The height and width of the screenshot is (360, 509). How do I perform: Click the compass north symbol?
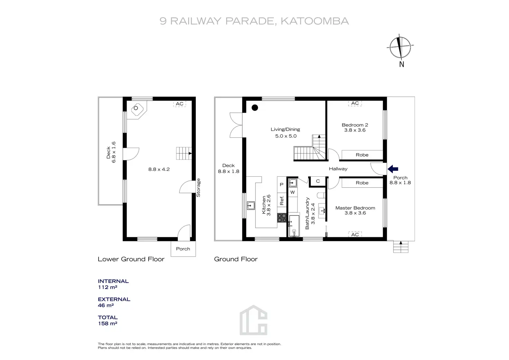pyautogui.click(x=400, y=47)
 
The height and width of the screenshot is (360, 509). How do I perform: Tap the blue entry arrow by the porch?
pyautogui.click(x=393, y=169)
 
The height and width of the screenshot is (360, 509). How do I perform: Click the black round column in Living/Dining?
pyautogui.click(x=255, y=108)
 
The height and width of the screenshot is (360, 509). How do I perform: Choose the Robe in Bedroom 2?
pyautogui.click(x=362, y=155)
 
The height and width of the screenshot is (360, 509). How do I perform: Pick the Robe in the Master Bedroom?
pyautogui.click(x=362, y=183)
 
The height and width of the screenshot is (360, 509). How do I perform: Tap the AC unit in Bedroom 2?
pyautogui.click(x=355, y=103)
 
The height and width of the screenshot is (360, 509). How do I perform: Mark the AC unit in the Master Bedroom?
pyautogui.click(x=355, y=234)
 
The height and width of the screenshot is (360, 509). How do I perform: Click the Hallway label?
pyautogui.click(x=338, y=169)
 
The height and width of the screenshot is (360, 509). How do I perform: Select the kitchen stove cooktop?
pyautogui.click(x=282, y=218)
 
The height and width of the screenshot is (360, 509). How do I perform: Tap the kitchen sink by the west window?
pyautogui.click(x=251, y=206)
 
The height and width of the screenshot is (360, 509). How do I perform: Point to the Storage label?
pyautogui.click(x=198, y=188)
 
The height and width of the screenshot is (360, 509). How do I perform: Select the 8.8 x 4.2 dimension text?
pyautogui.click(x=159, y=169)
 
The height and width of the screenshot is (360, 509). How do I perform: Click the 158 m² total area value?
pyautogui.click(x=108, y=324)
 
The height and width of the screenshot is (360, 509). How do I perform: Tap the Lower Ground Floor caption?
pyautogui.click(x=131, y=259)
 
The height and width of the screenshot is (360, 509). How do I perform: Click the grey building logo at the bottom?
pyautogui.click(x=253, y=320)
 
